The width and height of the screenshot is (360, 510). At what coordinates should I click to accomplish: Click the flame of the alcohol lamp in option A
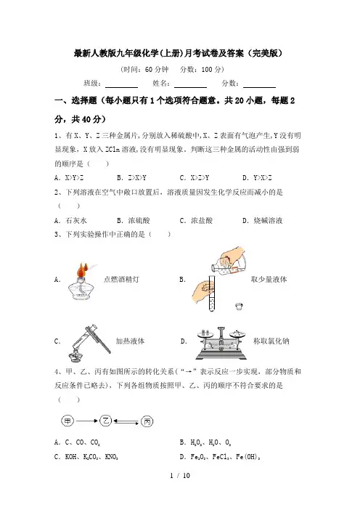point(83,270)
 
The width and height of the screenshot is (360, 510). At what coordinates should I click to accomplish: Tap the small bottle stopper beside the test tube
point(239,306)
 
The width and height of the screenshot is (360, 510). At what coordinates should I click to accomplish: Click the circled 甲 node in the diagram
point(67,421)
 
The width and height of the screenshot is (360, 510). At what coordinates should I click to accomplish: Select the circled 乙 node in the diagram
point(105,421)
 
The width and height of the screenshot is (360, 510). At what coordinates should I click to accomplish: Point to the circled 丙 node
point(147,421)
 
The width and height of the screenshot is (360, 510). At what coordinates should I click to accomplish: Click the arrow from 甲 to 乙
point(87,421)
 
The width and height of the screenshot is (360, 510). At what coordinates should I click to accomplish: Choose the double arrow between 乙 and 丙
point(126,422)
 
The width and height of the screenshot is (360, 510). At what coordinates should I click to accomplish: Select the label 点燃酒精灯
point(121,279)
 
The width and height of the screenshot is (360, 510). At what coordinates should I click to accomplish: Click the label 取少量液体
point(269,279)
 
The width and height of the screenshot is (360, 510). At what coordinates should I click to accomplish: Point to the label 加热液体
point(130,341)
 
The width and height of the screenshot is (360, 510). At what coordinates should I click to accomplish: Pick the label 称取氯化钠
point(271,341)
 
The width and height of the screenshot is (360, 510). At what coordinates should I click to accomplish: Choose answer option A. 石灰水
point(70,221)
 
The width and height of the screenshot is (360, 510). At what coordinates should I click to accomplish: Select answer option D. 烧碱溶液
point(263,221)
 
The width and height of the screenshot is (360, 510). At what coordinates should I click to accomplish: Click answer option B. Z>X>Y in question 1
point(131,177)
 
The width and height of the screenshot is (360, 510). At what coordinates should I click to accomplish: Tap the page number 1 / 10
point(180,476)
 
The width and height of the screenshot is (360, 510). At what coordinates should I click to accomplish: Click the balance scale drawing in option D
point(221,343)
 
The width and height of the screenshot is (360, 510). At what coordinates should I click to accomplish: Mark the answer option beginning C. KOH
point(86,457)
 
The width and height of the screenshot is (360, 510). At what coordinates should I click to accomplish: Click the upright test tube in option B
point(211,294)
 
